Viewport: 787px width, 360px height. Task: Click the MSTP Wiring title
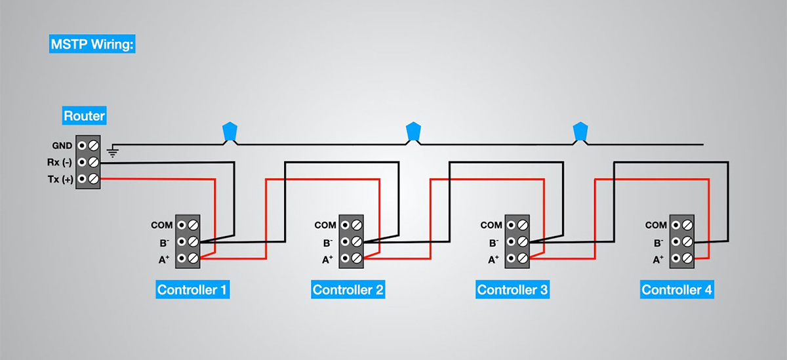[x=92, y=45]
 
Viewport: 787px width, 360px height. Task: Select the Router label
[x=85, y=116]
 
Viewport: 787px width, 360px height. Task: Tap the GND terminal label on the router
[x=63, y=145]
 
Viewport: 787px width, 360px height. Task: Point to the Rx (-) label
[x=59, y=161]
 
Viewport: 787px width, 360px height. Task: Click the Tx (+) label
[x=59, y=178]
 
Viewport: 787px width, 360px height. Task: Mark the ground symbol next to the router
[x=112, y=152]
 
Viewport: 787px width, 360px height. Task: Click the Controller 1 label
[x=193, y=289]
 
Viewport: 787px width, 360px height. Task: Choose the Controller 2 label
[x=348, y=289]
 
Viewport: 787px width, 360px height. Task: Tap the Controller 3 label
[x=512, y=289]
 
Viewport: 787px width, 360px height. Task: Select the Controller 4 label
[x=677, y=289]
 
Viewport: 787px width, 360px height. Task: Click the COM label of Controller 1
[x=161, y=225]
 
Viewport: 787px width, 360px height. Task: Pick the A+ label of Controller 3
[x=493, y=259]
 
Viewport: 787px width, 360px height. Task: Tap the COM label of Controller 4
[x=656, y=225]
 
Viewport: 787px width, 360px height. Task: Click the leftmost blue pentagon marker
[x=230, y=132]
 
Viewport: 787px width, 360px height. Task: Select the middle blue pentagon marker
[x=413, y=132]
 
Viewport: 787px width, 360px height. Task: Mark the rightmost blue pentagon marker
[x=580, y=132]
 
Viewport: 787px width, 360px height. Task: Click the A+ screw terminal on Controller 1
[x=193, y=258]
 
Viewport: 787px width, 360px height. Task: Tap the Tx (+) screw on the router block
[x=93, y=178]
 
